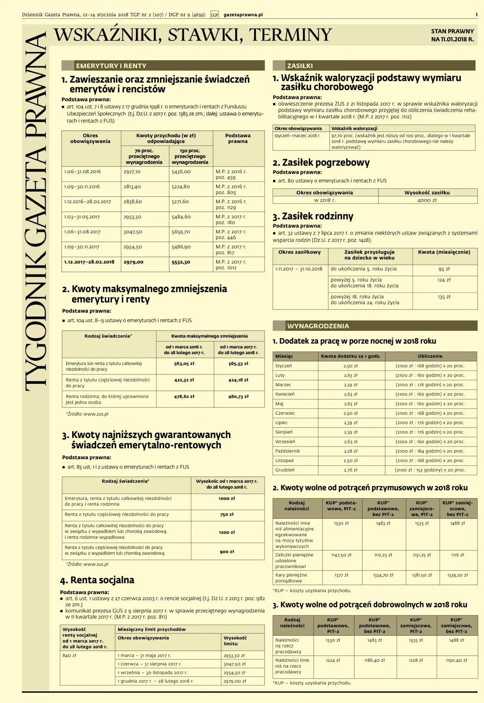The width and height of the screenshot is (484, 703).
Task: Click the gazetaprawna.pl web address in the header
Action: click(243, 15)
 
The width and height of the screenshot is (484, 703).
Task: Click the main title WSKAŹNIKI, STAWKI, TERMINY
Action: click(193, 35)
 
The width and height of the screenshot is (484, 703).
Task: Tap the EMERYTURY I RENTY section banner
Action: click(111, 66)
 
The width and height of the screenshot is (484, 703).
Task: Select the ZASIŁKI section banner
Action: click(300, 66)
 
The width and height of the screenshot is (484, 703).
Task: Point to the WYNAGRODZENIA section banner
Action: click(318, 326)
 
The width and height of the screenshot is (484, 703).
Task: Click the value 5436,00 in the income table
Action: click(181, 172)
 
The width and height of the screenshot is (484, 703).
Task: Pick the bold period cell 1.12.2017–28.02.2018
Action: click(89, 262)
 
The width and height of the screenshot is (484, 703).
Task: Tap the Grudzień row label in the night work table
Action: click(285, 470)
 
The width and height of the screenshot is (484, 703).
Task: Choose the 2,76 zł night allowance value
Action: click(350, 470)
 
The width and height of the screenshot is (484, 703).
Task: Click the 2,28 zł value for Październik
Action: click(350, 451)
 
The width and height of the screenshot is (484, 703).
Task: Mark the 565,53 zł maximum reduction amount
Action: click(238, 364)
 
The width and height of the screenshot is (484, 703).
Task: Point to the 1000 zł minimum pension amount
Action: click(227, 499)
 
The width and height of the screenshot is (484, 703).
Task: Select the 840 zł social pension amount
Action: click(69, 655)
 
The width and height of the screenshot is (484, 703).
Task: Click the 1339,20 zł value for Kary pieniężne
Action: click(457, 575)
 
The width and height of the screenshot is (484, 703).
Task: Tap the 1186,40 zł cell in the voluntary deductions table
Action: click(374, 660)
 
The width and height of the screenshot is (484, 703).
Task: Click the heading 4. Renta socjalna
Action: click(97, 580)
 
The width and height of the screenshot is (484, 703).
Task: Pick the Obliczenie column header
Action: click(430, 356)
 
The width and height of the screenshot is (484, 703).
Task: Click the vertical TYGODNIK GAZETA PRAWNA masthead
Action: click(36, 211)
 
